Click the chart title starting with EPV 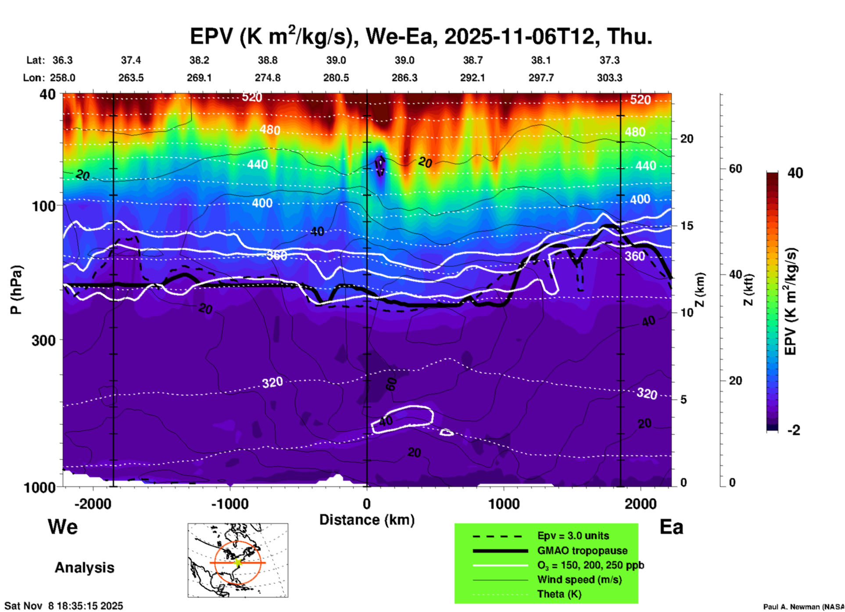point(421,36)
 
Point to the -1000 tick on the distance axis point(229,504)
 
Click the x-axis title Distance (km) point(367,520)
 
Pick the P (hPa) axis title point(16,290)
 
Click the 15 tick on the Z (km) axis point(687,226)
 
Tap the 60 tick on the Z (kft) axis point(735,169)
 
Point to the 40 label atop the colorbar point(795,173)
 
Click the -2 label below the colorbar point(794,430)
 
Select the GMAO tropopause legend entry point(582,551)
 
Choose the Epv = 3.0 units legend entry point(573,536)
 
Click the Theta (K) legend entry point(559,594)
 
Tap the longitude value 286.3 point(404,78)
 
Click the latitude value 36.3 point(62,60)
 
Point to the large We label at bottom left point(63,527)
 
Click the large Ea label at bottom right point(671,527)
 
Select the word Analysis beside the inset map point(84,567)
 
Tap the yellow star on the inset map point(238,562)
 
